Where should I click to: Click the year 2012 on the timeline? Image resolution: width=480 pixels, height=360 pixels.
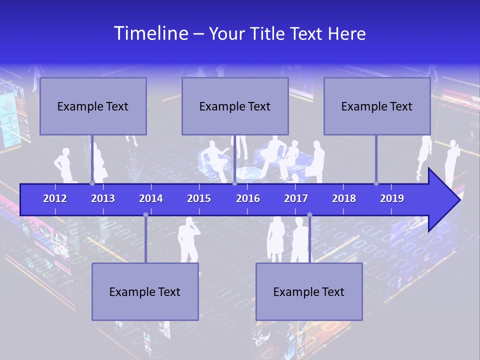point(55,198)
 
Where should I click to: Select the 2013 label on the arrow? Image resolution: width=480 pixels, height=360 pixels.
point(103,198)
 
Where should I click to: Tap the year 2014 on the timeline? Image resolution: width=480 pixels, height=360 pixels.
point(151,198)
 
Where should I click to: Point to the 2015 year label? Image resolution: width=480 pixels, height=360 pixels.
point(199,198)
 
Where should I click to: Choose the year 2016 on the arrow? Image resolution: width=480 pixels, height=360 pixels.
point(248,198)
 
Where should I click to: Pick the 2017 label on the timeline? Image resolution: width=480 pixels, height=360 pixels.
point(296,198)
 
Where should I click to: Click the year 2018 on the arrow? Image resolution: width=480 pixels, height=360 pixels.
point(344,198)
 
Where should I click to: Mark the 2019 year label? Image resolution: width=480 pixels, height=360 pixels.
point(392,198)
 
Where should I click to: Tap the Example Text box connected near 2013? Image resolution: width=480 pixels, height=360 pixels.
point(93,106)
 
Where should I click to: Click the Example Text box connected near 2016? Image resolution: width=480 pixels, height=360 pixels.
point(235,106)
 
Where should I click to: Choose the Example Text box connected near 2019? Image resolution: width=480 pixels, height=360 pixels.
point(377,106)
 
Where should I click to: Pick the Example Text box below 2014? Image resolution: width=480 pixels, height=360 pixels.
point(145,291)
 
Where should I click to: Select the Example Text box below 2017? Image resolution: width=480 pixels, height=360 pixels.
point(309,291)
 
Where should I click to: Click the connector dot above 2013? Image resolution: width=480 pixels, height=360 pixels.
point(92,183)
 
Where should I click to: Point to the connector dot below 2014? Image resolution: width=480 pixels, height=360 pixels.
point(145,215)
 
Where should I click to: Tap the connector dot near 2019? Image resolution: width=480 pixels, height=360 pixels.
point(376,183)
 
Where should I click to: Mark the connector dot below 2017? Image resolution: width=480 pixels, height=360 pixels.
point(309,215)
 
